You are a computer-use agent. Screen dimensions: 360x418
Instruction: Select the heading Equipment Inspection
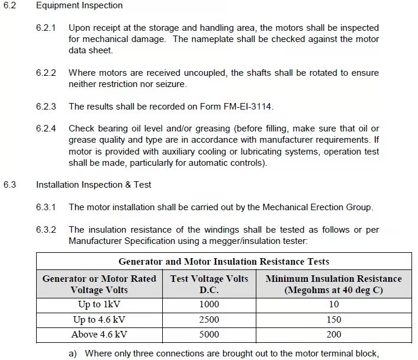point(79,5)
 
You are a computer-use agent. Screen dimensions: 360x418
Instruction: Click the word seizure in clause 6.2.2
point(168,84)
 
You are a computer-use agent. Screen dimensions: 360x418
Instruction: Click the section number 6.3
point(10,185)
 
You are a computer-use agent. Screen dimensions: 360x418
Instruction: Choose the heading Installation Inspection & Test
point(94,185)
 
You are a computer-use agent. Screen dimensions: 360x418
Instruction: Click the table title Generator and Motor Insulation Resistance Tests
point(224,261)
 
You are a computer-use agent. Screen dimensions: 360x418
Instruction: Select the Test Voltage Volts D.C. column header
point(209,284)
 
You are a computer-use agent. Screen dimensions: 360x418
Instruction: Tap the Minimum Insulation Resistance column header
point(333,284)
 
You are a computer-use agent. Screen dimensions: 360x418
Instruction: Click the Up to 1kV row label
point(98,304)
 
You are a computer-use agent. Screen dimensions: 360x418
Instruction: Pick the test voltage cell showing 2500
point(209,320)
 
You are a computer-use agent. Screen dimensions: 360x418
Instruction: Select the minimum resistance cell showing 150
point(333,320)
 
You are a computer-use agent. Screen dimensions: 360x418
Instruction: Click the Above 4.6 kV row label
point(98,335)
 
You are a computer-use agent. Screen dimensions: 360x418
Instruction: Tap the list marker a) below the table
point(73,353)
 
